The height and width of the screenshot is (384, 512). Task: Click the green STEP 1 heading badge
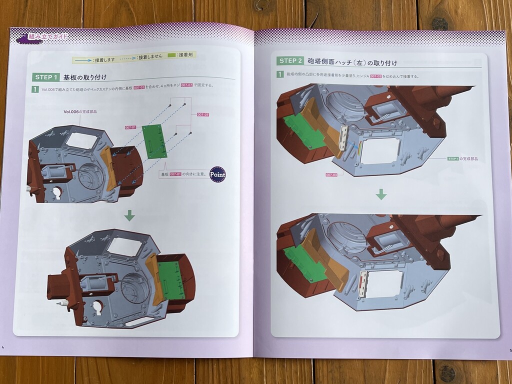pyautogui.click(x=46, y=77)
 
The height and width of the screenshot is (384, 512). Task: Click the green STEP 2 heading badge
pyautogui.click(x=290, y=61)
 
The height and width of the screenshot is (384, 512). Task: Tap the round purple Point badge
pyautogui.click(x=217, y=174)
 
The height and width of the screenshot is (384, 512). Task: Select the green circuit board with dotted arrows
pyautogui.click(x=154, y=140)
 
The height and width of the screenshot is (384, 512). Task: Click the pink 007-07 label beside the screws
pyautogui.click(x=202, y=114)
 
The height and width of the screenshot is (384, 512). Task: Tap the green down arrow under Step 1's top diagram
pyautogui.click(x=129, y=215)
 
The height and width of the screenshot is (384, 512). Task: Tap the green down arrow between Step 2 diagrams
pyautogui.click(x=381, y=194)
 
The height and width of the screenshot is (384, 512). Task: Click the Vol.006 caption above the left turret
pyautogui.click(x=80, y=111)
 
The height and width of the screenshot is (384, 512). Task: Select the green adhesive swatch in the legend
pyautogui.click(x=172, y=55)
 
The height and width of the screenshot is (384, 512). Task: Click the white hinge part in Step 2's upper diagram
pyautogui.click(x=344, y=137)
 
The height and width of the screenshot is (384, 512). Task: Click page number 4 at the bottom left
pyautogui.click(x=3, y=348)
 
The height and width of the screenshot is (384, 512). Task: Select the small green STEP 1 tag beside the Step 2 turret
pyautogui.click(x=453, y=158)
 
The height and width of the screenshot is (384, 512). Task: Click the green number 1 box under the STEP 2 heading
pyautogui.click(x=280, y=74)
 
